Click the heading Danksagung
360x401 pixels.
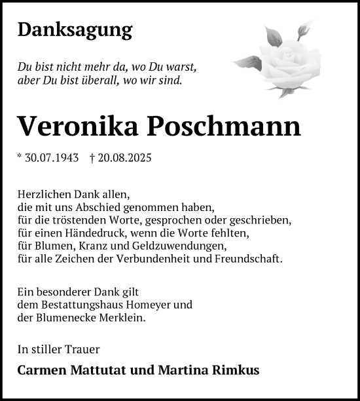[75, 29]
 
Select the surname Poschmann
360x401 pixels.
[222, 125]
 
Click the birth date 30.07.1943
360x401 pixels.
[52, 158]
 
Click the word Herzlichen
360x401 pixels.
[43, 195]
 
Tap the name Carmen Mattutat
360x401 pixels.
[66, 370]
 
